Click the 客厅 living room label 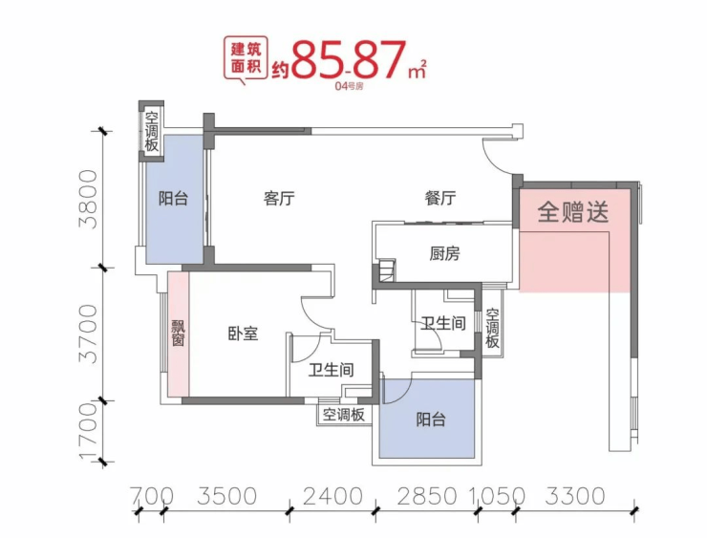click(278, 200)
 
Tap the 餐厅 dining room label click(440, 200)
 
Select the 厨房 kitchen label click(445, 254)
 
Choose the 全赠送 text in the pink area click(573, 211)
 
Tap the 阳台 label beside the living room click(173, 200)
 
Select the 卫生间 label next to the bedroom click(332, 370)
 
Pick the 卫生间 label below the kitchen click(443, 324)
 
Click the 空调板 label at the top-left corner click(152, 131)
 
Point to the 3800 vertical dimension click(89, 199)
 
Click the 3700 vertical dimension click(89, 334)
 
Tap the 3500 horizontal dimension click(226, 496)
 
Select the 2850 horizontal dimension click(420, 496)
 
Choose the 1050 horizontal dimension click(497, 496)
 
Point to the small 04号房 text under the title click(351, 86)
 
